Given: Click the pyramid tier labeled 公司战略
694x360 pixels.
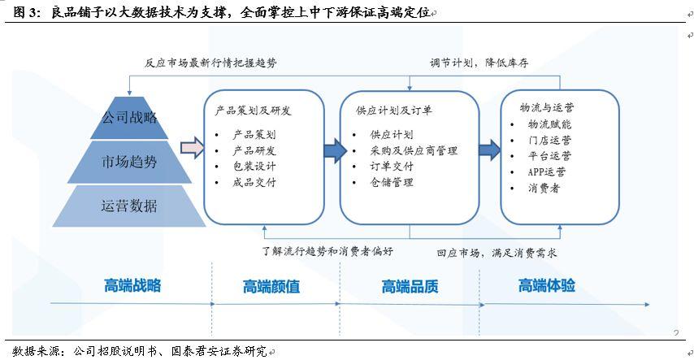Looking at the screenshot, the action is click(129, 118).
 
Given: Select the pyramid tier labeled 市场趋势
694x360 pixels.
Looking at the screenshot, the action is click(129, 162).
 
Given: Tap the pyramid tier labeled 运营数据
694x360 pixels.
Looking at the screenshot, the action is click(129, 206).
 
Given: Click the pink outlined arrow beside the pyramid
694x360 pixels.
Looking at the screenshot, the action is click(192, 148).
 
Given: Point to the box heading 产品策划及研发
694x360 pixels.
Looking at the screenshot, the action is click(254, 111).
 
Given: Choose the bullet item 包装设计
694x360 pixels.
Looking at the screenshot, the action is click(254, 167).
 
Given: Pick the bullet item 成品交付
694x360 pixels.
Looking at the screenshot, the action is click(254, 182).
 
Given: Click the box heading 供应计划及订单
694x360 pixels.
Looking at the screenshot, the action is click(394, 111).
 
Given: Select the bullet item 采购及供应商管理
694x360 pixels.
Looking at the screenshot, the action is click(414, 151).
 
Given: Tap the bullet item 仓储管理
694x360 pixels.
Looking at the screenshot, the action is click(392, 182).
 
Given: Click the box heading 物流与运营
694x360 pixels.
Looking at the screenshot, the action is click(547, 107).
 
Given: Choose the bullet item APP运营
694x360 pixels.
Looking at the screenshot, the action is click(547, 172).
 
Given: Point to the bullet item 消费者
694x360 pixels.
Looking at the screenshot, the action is click(544, 189).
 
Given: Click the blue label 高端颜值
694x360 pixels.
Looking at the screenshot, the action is click(271, 287).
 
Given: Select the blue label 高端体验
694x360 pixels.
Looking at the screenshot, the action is click(547, 285).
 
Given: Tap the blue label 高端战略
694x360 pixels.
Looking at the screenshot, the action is click(132, 285).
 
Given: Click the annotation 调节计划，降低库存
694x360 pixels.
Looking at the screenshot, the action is click(479, 63).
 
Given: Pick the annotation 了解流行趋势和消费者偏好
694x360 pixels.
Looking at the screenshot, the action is click(327, 252).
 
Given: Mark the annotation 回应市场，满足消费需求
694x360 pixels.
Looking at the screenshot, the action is click(497, 253).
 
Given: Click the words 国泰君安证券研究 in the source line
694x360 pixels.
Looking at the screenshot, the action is click(219, 351).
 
